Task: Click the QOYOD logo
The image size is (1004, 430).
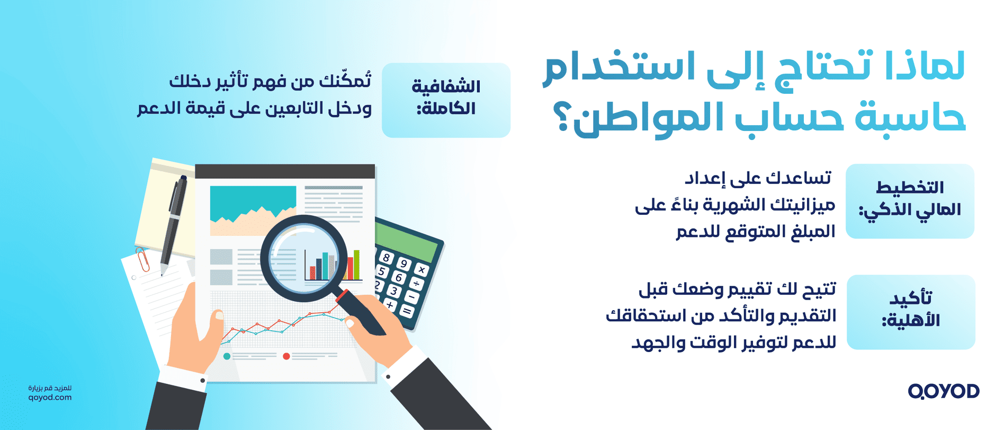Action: point(943,391)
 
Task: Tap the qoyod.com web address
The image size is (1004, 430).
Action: point(50,398)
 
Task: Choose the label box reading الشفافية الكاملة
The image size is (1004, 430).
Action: point(446,100)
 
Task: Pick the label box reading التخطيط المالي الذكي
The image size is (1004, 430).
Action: point(910,201)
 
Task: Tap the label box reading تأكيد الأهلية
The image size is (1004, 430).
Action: point(911,312)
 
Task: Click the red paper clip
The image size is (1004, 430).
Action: point(143,259)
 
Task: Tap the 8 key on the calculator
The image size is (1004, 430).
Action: point(387,258)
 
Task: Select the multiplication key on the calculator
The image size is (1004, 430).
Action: point(422,270)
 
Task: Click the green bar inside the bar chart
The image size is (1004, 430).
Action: point(356,264)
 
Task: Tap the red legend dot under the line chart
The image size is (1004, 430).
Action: point(286,356)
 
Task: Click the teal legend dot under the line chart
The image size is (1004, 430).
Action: point(227,356)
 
